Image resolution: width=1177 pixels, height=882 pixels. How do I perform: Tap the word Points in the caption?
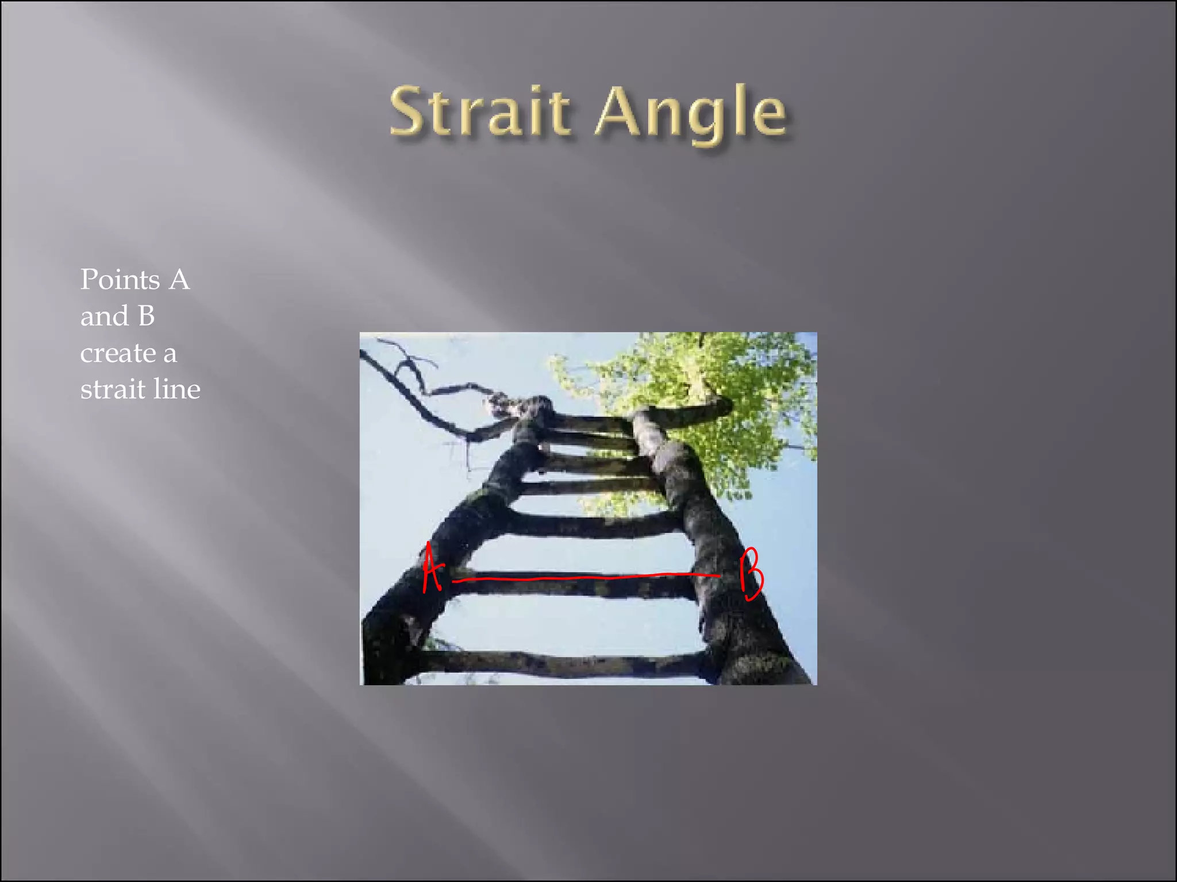(x=120, y=280)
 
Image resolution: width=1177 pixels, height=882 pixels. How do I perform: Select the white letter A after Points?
(x=179, y=280)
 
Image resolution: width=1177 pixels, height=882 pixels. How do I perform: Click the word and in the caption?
(x=104, y=316)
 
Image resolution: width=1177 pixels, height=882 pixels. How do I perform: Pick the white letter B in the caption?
(x=146, y=316)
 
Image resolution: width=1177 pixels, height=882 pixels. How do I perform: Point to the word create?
(x=118, y=353)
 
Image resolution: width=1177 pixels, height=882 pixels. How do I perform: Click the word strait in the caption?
(x=113, y=390)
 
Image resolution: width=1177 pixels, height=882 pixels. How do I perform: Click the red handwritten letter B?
(x=751, y=574)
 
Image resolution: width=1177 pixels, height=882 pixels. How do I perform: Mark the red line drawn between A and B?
(x=586, y=577)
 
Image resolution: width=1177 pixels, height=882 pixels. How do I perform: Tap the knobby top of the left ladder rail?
(x=526, y=408)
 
